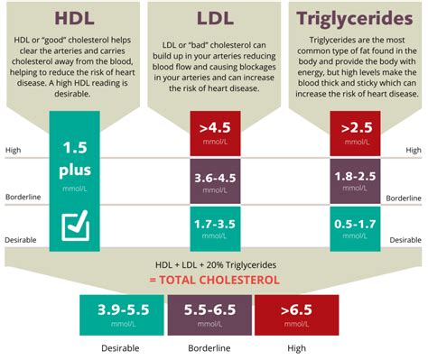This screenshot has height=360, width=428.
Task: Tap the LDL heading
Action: tap(214, 18)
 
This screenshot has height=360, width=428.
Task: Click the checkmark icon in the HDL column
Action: tap(76, 227)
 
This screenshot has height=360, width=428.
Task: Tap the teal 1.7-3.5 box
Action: tap(214, 227)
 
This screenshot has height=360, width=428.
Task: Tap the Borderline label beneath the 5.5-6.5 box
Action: tap(213, 348)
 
